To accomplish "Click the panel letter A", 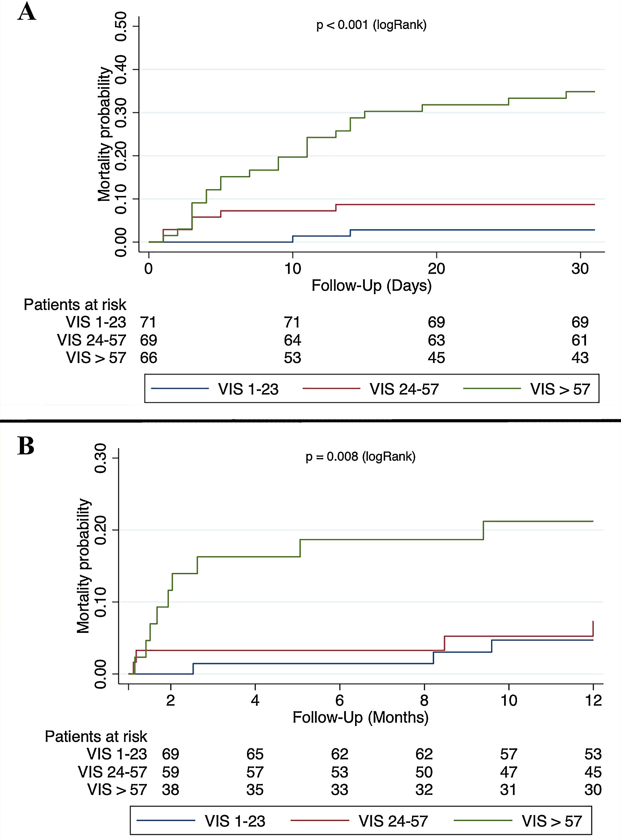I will [x=27, y=12].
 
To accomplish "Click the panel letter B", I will [x=26, y=446].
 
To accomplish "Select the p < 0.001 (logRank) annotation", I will [x=371, y=25].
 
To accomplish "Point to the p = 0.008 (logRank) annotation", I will [x=361, y=456].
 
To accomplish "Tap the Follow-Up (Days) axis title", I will [x=371, y=286].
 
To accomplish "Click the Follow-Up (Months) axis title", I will [x=361, y=717].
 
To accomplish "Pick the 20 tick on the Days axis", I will [x=436, y=269].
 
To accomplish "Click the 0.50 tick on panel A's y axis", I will [x=121, y=26].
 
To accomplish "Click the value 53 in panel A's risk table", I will [x=293, y=358].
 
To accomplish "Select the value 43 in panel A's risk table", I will [x=580, y=358].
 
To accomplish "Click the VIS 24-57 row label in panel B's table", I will [x=112, y=772].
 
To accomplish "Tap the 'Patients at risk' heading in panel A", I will [x=75, y=305].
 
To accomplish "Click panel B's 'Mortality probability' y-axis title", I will [x=83, y=566].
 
